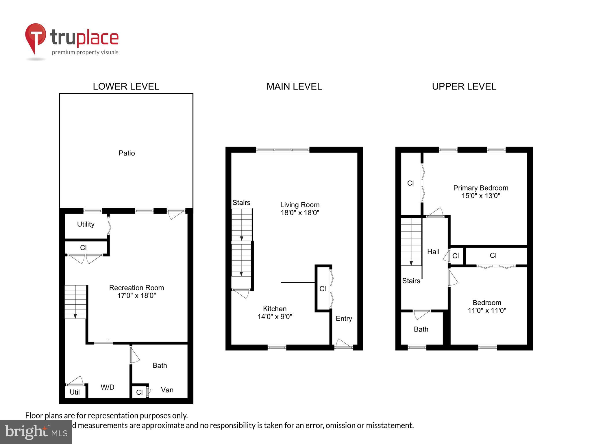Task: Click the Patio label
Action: (127, 153)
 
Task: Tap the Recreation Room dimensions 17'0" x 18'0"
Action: (136, 296)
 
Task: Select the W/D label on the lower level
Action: (108, 387)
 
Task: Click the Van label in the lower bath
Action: (167, 390)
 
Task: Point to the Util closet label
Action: (75, 392)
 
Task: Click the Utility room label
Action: (86, 224)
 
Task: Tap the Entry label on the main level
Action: (344, 319)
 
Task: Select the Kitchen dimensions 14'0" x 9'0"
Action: (275, 317)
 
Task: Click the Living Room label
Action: (300, 205)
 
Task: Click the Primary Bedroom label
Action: (480, 188)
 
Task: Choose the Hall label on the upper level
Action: (433, 252)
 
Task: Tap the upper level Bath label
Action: (421, 329)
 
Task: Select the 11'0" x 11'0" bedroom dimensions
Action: (487, 311)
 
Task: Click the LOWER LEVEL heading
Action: (126, 86)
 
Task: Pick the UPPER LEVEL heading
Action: (464, 86)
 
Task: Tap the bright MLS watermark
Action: (36, 432)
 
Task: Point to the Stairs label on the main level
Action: (241, 203)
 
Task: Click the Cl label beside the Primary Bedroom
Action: (410, 183)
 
